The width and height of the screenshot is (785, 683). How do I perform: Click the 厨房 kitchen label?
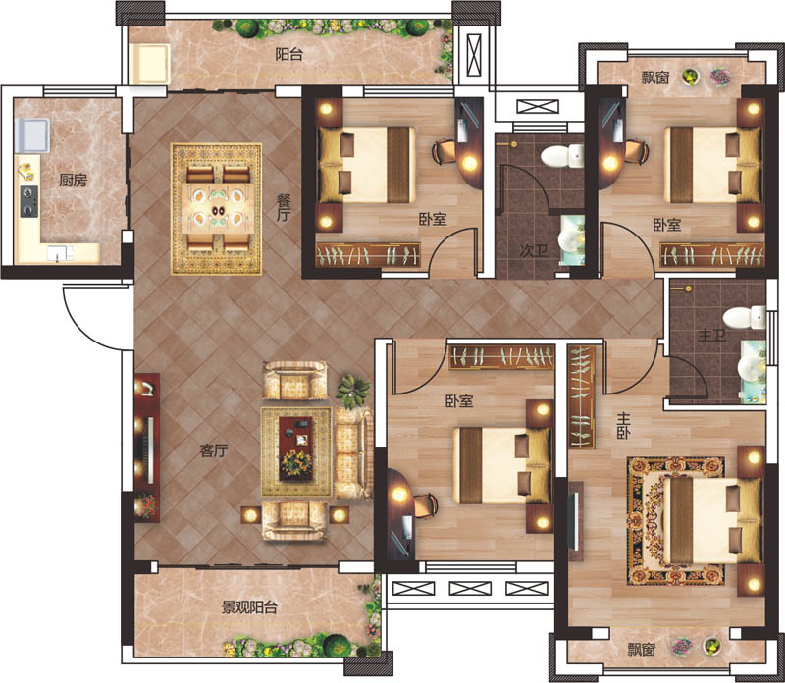point(73,180)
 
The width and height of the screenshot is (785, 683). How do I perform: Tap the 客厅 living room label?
point(214,450)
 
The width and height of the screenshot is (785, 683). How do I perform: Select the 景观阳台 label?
point(249,607)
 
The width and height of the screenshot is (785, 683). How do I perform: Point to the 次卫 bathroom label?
point(533,250)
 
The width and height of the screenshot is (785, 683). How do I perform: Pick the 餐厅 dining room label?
point(284,208)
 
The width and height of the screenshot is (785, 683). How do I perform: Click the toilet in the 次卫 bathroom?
point(562,156)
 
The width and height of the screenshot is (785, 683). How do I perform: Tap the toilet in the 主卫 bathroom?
point(744,318)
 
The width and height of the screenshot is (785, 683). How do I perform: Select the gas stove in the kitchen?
point(29,201)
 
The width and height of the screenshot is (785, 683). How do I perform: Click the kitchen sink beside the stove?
point(33,134)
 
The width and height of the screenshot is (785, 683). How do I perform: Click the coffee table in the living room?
point(295,448)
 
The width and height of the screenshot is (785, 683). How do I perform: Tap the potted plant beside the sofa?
point(353,389)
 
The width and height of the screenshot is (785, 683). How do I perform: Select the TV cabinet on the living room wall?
point(147,447)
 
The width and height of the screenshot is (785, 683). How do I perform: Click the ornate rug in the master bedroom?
point(677,521)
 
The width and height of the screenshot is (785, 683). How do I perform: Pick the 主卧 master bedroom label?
point(623,426)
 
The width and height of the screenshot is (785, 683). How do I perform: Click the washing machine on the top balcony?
point(149,64)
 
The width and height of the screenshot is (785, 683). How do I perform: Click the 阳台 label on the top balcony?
point(288,54)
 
